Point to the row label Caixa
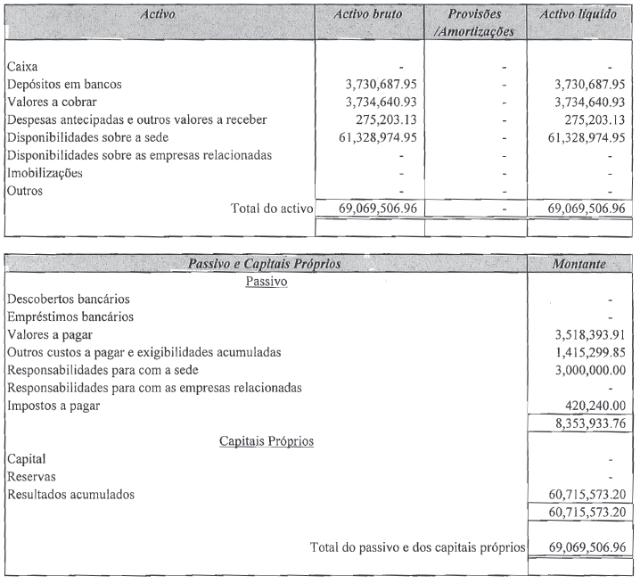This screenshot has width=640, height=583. pyautogui.click(x=22, y=67)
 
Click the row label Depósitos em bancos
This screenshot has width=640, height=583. pyautogui.click(x=63, y=85)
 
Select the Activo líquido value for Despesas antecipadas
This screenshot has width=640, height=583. pyautogui.click(x=583, y=119)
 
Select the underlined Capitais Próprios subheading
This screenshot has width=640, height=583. pyautogui.click(x=267, y=440)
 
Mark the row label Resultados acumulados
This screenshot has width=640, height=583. pyautogui.click(x=71, y=493)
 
